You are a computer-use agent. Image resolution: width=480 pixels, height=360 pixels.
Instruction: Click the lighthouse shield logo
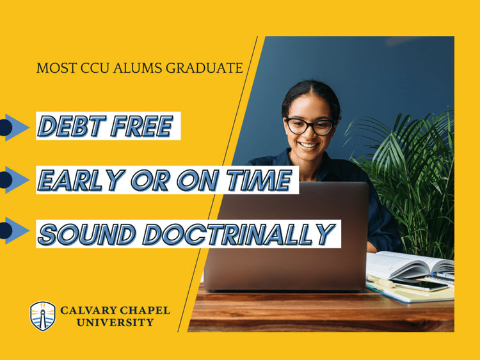pyautogui.click(x=43, y=316)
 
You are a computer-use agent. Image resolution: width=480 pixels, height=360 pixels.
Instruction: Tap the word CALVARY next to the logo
pyautogui.click(x=88, y=311)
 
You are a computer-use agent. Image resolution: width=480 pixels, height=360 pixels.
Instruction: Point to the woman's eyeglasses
pyautogui.click(x=309, y=125)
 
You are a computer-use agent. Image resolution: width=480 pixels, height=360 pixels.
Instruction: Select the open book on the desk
pyautogui.click(x=410, y=265)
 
